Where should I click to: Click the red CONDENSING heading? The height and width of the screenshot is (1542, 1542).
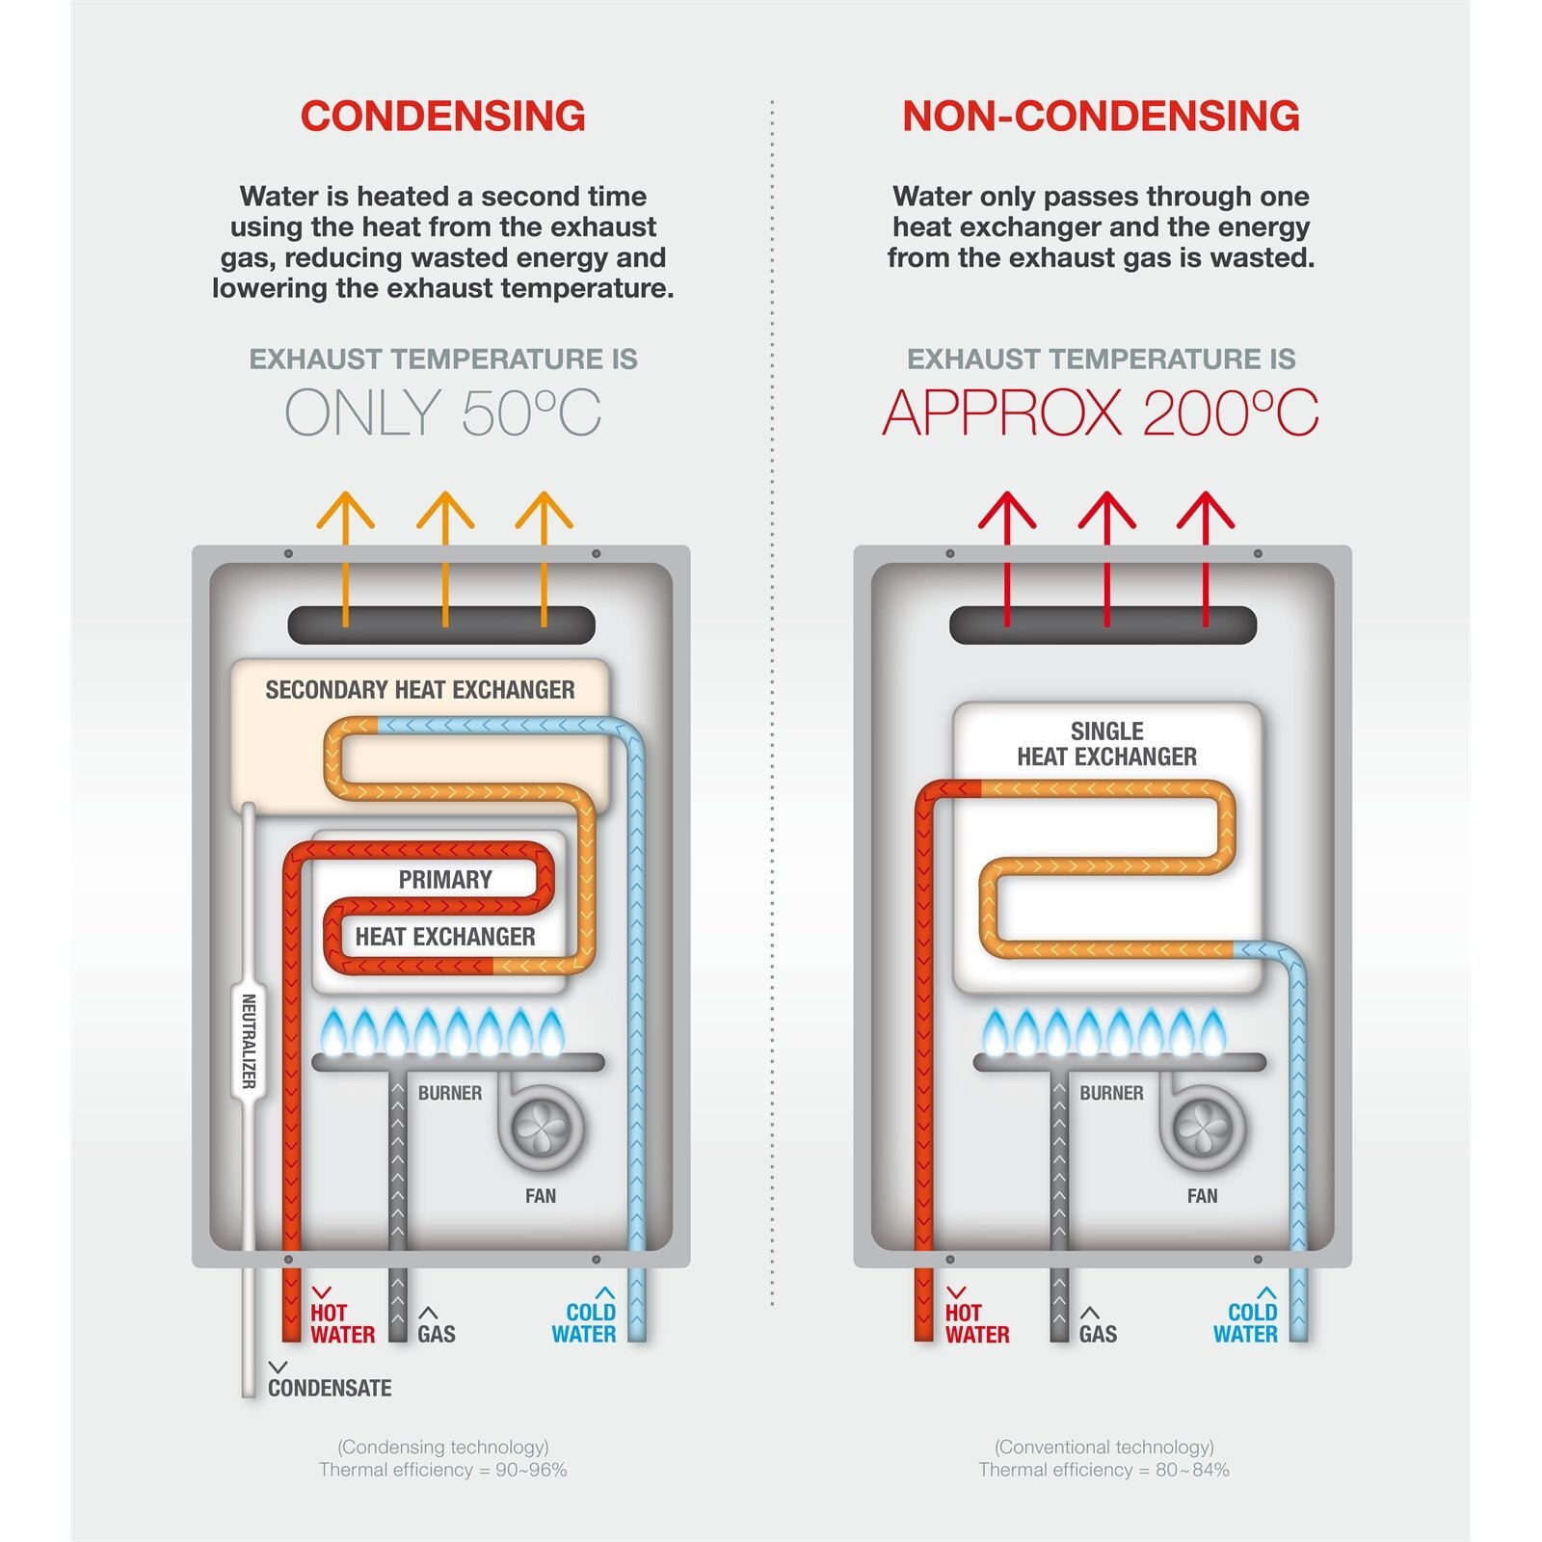443,116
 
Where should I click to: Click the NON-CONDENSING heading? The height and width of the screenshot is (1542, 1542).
1101,116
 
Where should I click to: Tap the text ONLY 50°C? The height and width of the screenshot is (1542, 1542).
443,412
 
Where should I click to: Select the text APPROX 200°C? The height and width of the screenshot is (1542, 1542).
1101,412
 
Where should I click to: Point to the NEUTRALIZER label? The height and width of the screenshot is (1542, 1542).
249,1042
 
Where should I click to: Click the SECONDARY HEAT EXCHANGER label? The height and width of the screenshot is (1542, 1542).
420,690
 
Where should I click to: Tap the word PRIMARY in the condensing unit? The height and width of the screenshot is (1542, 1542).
445,880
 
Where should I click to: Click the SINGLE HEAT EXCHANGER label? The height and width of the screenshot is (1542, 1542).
1107,744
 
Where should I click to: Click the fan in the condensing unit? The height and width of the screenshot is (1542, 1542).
540,1126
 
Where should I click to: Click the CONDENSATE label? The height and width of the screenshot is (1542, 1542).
330,1388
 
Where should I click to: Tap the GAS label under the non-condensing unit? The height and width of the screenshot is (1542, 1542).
1098,1334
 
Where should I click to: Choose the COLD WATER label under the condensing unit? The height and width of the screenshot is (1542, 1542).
584,1323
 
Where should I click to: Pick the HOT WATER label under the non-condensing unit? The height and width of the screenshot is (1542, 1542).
977,1323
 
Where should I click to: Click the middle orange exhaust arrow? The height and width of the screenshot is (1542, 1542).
445,559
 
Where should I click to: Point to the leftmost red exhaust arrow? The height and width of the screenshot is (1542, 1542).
1007,559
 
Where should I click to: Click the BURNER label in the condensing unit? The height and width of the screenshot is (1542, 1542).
450,1093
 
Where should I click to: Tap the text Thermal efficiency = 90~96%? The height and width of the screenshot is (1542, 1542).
443,1470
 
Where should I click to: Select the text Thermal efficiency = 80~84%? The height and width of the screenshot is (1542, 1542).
1103,1470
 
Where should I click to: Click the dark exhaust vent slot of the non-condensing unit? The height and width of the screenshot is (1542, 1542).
1103,625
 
